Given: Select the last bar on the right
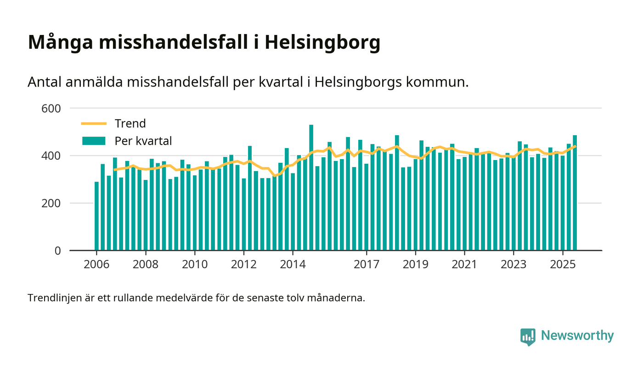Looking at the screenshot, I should (x=575, y=193).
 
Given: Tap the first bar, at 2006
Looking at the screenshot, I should (x=96, y=216).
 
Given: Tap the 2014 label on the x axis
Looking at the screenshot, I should (x=293, y=265).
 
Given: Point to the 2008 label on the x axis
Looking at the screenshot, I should (x=146, y=265).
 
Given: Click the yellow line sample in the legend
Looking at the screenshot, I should (x=94, y=124).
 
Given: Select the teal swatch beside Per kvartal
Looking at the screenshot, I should (x=94, y=141).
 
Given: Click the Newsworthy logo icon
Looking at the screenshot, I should (x=528, y=336).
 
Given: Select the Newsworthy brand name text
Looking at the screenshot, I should (x=577, y=335).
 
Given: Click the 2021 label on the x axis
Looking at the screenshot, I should (x=464, y=265).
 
